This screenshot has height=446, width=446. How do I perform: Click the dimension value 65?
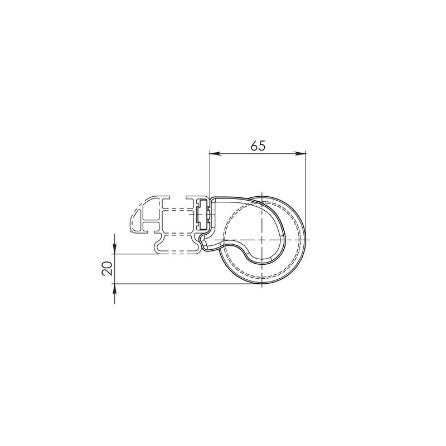click(258, 146)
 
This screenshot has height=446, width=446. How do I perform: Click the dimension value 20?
click(107, 268)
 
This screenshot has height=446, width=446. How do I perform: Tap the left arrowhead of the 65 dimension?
click(215, 154)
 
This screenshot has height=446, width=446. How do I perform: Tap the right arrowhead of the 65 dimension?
click(300, 154)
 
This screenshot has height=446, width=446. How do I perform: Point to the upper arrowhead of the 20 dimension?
click(114, 248)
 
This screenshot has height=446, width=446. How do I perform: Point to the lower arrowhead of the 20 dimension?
click(114, 290)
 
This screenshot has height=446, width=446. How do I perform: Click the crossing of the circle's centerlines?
click(261, 240)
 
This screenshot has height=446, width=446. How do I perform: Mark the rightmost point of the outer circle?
click(306, 240)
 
